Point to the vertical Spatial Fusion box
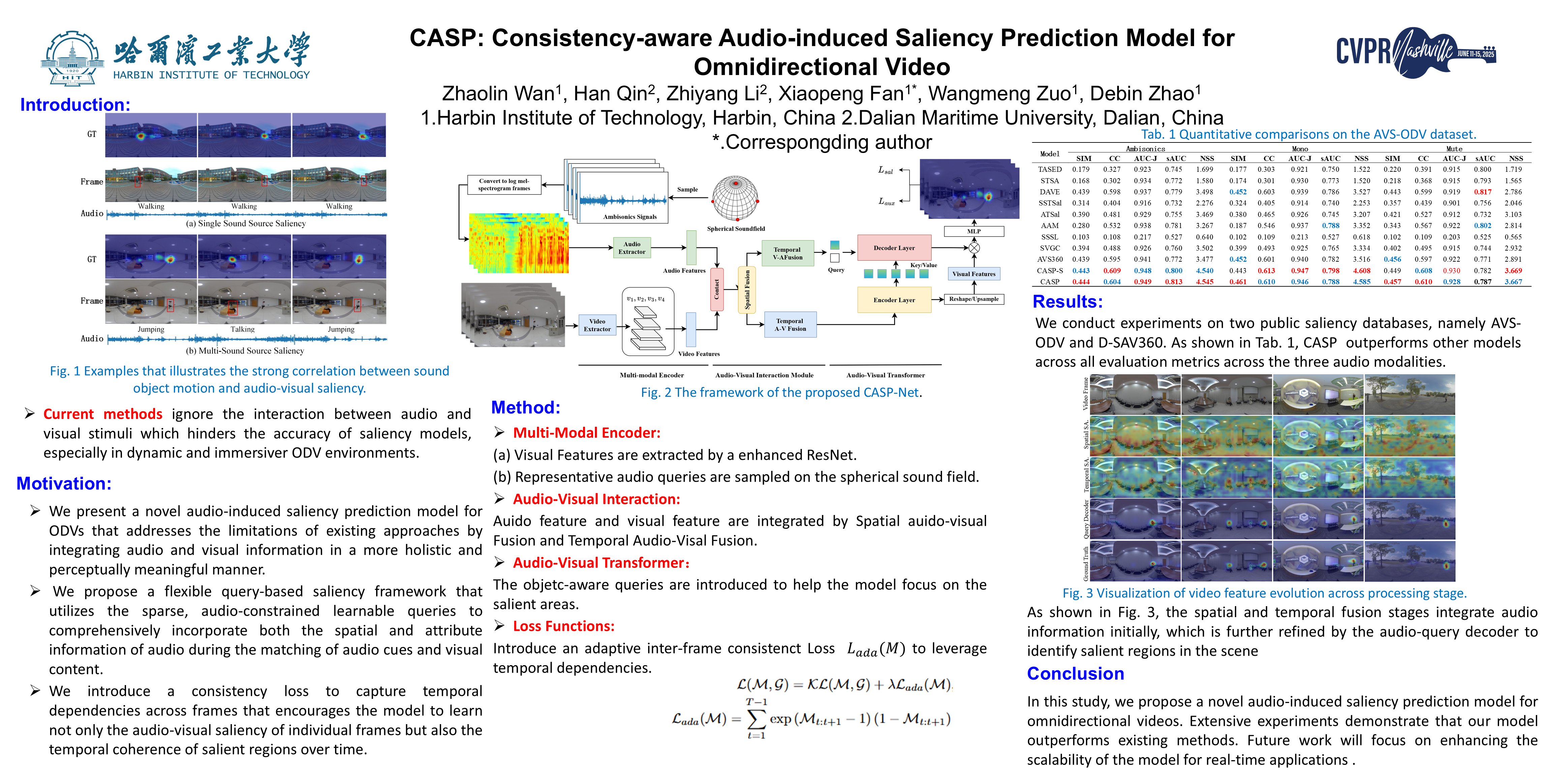[747, 290]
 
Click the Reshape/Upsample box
[974, 299]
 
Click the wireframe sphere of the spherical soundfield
[735, 199]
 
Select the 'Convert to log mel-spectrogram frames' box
[504, 184]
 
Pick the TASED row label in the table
[1049, 169]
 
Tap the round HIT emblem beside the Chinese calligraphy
[72, 59]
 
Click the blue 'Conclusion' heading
[1075, 674]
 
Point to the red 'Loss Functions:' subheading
[563, 626]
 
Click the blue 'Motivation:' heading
[64, 483]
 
